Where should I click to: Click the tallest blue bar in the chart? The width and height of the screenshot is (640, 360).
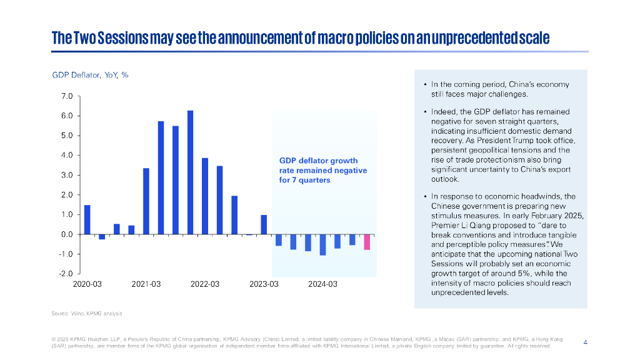[190, 172]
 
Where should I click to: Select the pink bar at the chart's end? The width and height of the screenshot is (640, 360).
[367, 242]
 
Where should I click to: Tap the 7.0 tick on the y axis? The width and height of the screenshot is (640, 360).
[67, 96]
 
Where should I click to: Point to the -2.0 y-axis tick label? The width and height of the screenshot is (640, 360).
[66, 274]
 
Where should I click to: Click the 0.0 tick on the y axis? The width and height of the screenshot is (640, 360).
[67, 234]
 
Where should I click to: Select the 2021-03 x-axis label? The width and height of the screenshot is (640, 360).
[146, 284]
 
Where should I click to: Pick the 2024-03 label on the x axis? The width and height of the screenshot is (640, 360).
[322, 284]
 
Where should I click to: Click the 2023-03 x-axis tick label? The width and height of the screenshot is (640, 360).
[264, 284]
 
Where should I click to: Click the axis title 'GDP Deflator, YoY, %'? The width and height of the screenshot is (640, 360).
[90, 75]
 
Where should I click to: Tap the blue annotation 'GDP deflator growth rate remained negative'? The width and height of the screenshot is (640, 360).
[322, 170]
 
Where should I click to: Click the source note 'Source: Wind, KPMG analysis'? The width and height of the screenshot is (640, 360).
[87, 312]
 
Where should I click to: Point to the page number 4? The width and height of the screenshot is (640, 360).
[585, 342]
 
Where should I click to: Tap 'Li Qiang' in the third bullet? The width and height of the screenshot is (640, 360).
[476, 225]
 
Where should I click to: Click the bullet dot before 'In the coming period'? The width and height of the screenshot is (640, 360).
[425, 84]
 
